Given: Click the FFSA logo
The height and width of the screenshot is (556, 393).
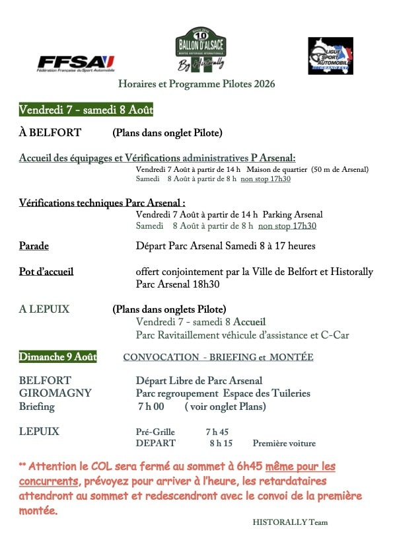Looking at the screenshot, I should point(76,63).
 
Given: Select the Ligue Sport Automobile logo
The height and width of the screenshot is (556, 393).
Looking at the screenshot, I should point(330,56).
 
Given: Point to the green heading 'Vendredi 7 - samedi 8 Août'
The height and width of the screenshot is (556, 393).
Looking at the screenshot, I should point(86,110).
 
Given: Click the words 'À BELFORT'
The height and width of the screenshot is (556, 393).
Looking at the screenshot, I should point(50,133).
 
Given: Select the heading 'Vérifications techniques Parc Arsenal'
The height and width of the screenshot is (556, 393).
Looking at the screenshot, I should point(102,202).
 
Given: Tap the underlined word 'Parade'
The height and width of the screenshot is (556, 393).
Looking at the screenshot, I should point(34,246).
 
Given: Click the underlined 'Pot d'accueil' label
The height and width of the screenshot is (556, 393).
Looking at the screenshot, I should point(46,272).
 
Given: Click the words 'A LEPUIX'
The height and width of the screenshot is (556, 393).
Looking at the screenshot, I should point(44,309).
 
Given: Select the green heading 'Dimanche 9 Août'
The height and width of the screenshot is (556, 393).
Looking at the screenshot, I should point(58,357).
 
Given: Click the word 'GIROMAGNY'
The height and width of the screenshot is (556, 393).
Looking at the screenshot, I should point(55,393).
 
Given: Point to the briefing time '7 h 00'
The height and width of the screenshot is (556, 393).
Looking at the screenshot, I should point(151,407).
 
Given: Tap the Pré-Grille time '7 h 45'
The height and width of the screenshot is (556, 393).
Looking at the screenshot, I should point(217,432).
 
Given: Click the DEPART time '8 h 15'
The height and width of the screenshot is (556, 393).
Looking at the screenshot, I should point(221,444).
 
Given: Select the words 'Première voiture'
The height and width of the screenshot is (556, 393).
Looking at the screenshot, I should point(284,444).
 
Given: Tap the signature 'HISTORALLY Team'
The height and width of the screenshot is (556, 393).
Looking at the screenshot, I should point(290,522).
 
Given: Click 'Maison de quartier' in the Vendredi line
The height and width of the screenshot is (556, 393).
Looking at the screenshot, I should point(276,170).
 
